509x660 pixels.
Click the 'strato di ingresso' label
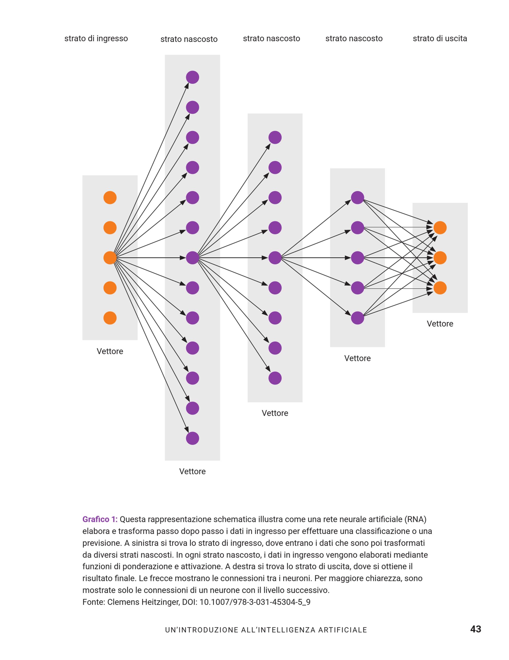(x=96, y=39)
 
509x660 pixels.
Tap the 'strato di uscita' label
(x=440, y=38)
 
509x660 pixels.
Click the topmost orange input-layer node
(x=110, y=198)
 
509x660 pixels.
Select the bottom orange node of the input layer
(x=110, y=318)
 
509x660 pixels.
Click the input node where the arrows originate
(x=110, y=258)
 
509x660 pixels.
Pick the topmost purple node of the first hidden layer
(x=193, y=77)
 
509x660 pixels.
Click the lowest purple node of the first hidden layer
(x=193, y=438)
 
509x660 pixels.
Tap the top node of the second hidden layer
(x=275, y=137)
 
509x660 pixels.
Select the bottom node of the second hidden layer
(x=275, y=378)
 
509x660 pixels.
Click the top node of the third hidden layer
(x=358, y=198)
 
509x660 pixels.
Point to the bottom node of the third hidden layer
(x=358, y=318)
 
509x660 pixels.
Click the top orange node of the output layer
(x=440, y=227)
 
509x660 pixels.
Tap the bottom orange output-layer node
(x=440, y=288)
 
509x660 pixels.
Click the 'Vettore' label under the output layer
(x=440, y=324)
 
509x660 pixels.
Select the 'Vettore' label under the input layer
(x=110, y=351)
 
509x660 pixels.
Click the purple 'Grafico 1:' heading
(x=100, y=519)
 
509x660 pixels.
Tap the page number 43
(x=476, y=629)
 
